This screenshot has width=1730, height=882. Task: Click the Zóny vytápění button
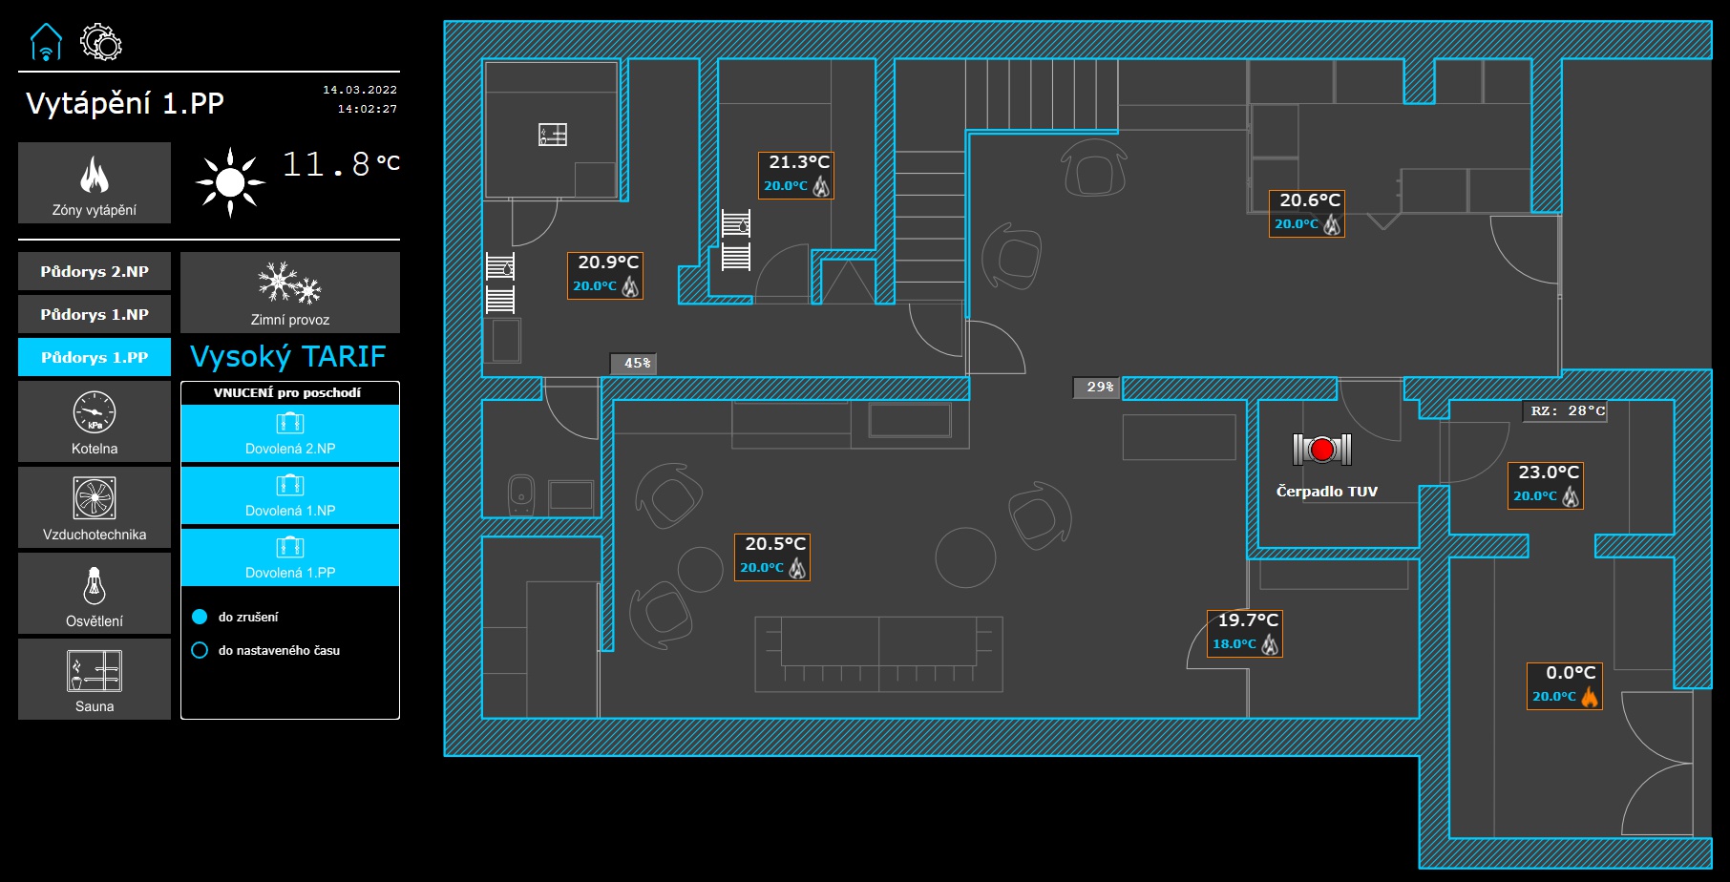pos(95,183)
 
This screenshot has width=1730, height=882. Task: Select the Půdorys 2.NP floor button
pos(95,271)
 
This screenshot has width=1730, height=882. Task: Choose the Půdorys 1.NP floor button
pos(95,314)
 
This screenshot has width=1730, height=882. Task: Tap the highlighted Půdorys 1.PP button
pos(95,357)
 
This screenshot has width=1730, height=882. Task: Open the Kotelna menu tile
pos(95,422)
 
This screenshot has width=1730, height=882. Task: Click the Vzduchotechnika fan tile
pos(95,508)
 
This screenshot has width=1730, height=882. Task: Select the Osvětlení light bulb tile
pos(95,594)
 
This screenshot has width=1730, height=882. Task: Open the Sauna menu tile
pos(95,680)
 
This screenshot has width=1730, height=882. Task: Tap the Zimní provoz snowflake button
pos(290,292)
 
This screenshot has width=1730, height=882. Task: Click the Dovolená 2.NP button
pos(290,433)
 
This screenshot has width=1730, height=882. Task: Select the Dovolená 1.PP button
pos(290,557)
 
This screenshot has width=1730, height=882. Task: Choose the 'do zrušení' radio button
pos(200,617)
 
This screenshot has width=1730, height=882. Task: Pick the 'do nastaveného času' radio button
pos(200,650)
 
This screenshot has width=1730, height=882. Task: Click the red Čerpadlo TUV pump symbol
pos(1322,449)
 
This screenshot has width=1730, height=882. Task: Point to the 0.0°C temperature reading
pos(1571,673)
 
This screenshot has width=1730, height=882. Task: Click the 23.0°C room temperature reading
pos(1549,472)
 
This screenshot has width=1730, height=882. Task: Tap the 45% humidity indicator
pos(636,364)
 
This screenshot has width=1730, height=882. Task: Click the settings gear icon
pos(101,43)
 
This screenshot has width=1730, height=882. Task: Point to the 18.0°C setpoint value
pos(1234,644)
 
